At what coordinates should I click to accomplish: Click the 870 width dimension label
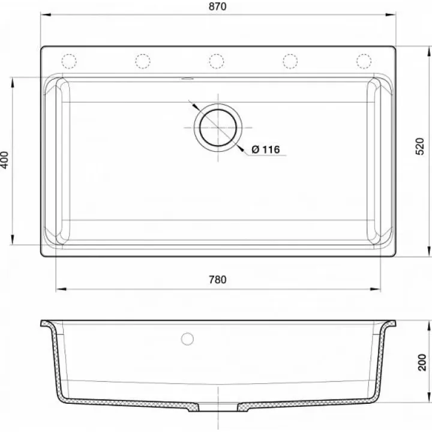pos(217,7)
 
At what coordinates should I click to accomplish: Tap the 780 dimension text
pos(217,280)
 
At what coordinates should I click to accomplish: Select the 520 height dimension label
pos(419,146)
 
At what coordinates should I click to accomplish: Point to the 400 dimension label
pos(4,160)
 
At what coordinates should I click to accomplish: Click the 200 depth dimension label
pos(422,362)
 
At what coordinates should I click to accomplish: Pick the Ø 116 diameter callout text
pos(266,149)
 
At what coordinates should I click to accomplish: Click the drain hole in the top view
pos(218,128)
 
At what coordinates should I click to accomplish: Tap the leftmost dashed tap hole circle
pos(69,61)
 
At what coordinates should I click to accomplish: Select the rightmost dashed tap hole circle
pos(364,61)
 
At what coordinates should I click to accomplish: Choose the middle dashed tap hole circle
pos(216,61)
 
